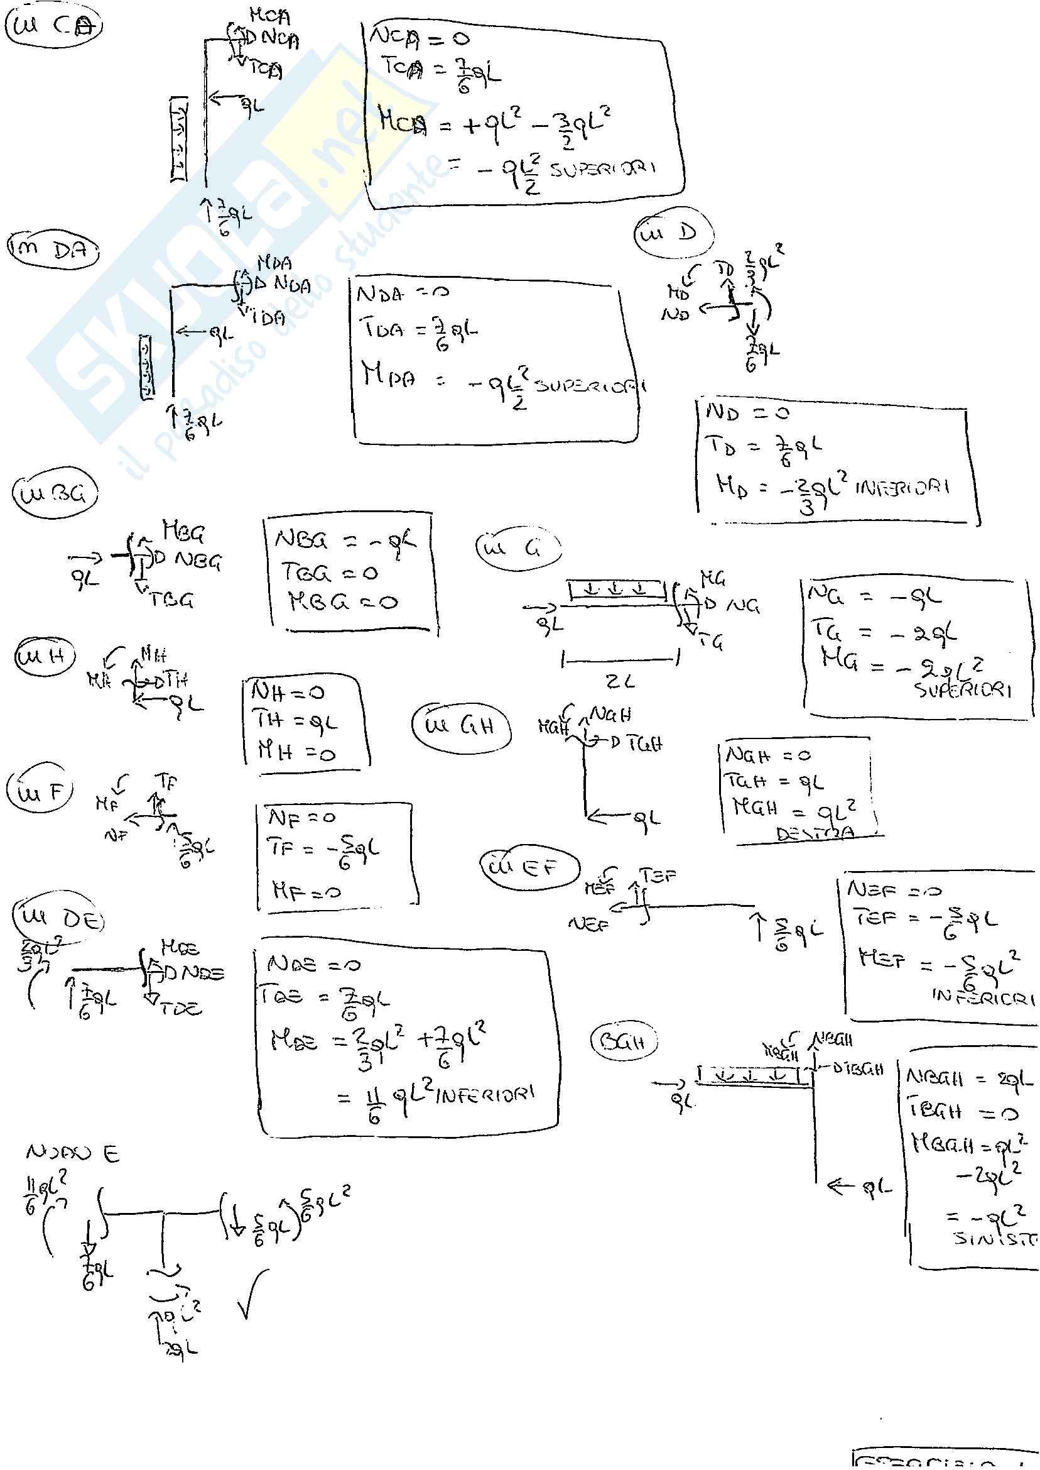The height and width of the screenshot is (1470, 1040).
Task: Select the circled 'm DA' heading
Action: click(53, 251)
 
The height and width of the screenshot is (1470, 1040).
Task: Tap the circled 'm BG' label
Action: click(55, 494)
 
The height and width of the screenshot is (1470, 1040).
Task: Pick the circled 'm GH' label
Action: click(461, 726)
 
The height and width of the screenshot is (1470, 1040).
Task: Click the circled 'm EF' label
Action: click(529, 867)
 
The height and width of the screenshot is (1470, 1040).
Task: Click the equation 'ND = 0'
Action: click(747, 413)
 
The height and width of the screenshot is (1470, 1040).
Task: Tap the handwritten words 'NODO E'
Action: click(72, 1153)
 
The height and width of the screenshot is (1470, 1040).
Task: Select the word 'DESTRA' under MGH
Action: click(815, 834)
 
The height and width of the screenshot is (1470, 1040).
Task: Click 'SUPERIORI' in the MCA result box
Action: click(603, 170)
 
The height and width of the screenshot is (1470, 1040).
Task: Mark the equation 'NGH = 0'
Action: click(768, 755)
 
